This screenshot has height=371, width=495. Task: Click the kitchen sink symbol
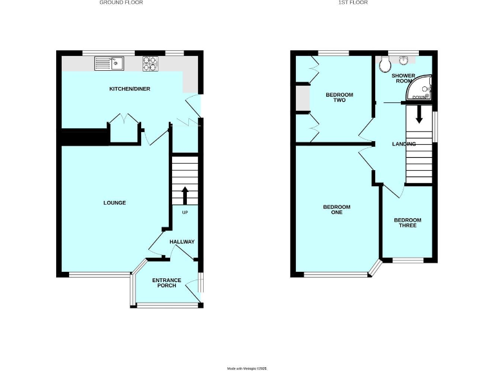click(x=108, y=62)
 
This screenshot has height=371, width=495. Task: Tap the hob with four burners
click(x=150, y=62)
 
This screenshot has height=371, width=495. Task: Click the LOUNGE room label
click(x=115, y=203)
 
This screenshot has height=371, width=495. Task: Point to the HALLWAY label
click(x=182, y=242)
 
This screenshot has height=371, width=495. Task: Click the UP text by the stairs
click(x=184, y=213)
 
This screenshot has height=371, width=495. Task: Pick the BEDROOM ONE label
click(x=336, y=209)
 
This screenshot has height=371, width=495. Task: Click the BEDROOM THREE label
click(x=407, y=223)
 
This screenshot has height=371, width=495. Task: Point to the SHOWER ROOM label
click(x=403, y=78)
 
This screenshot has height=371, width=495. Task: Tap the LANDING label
click(x=403, y=144)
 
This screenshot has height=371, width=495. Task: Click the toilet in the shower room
click(x=385, y=63)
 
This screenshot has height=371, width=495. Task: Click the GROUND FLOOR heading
click(x=121, y=3)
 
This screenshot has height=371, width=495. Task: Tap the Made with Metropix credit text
click(x=247, y=368)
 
